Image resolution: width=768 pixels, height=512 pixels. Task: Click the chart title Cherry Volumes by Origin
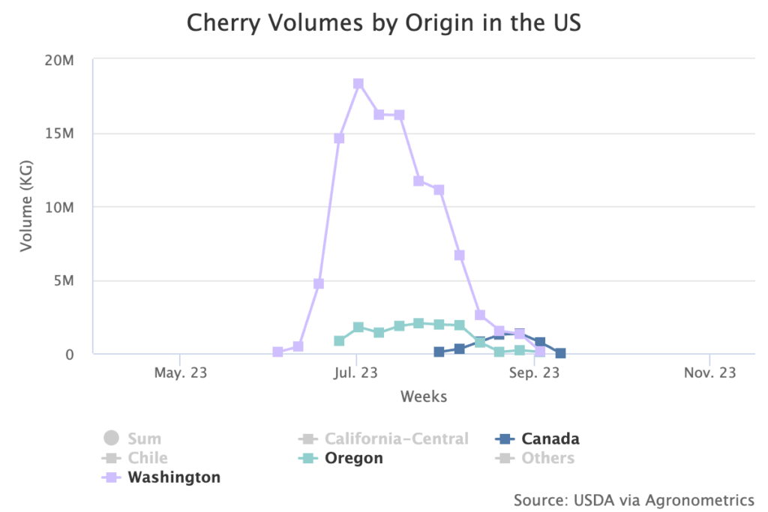tap(383, 22)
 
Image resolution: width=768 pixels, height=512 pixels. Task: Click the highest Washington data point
tap(358, 84)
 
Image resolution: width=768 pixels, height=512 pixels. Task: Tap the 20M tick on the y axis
tap(59, 60)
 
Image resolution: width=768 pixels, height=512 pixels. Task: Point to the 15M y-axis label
tap(59, 133)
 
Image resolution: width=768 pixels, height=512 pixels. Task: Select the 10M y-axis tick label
tap(59, 207)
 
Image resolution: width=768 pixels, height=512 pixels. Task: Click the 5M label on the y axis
tap(63, 280)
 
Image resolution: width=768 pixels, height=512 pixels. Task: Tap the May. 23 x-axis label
tap(181, 373)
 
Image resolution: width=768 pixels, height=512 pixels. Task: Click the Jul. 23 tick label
tap(356, 373)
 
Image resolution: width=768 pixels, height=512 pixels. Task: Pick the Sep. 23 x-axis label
tap(533, 373)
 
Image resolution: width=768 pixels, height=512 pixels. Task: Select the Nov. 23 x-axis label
tap(709, 373)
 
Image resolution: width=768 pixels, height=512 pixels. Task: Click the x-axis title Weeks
tap(423, 397)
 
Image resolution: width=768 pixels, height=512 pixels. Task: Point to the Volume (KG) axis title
tap(27, 207)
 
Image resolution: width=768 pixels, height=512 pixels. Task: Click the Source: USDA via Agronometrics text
tap(634, 499)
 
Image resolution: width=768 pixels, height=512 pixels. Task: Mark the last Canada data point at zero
tap(560, 353)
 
